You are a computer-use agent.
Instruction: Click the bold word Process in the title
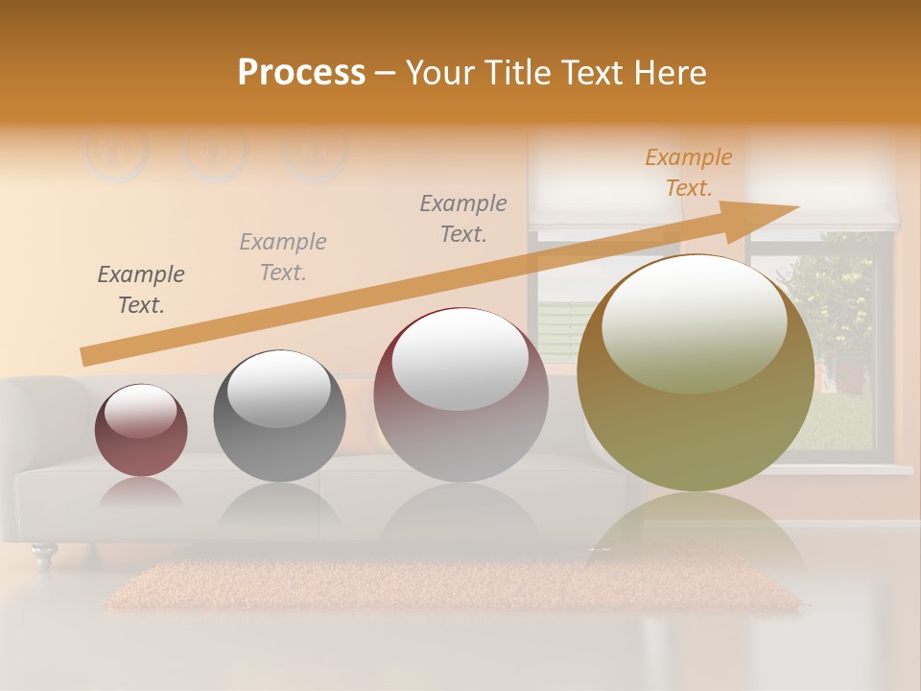(x=301, y=73)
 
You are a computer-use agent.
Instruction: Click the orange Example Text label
(x=688, y=173)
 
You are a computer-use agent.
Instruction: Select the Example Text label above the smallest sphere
(x=141, y=290)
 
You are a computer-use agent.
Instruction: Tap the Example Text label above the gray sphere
(x=283, y=257)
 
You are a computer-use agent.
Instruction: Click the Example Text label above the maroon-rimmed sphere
(x=463, y=219)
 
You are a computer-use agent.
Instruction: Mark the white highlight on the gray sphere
(x=279, y=388)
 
